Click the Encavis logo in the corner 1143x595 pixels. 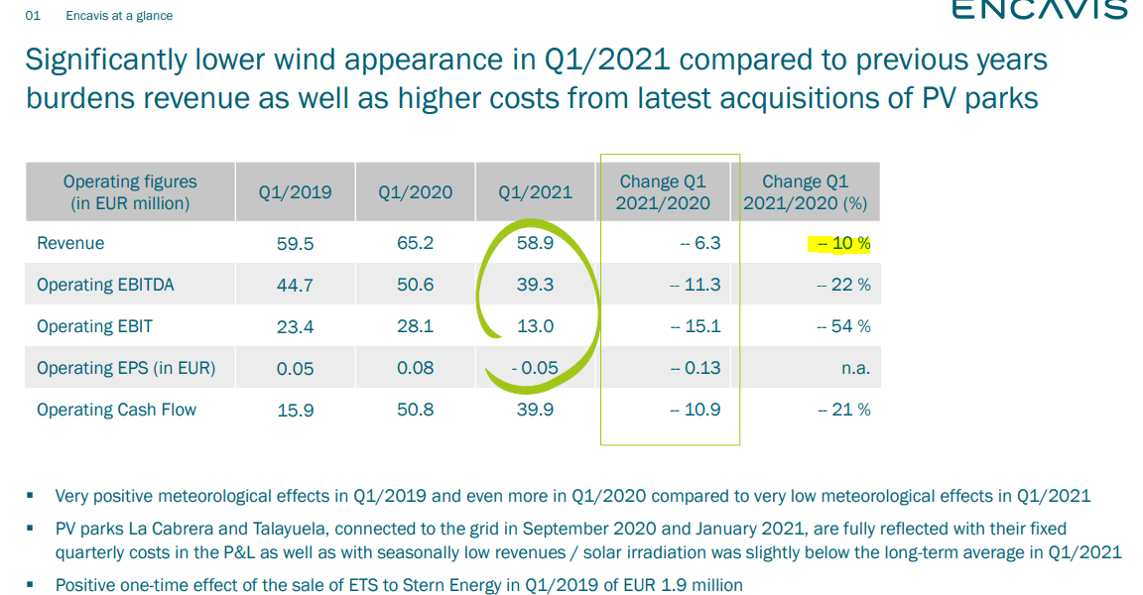click(x=1039, y=10)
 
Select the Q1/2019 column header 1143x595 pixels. click(x=295, y=192)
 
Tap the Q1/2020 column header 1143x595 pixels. click(x=415, y=192)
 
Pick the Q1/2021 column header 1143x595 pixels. click(x=535, y=192)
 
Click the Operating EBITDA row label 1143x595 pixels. click(x=105, y=285)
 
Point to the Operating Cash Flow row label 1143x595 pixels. click(x=116, y=410)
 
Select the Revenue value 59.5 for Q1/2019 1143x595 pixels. click(x=295, y=244)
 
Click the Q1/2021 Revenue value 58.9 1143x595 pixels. click(x=535, y=244)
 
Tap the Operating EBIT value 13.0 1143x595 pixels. click(x=535, y=327)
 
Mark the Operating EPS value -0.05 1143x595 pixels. click(x=535, y=369)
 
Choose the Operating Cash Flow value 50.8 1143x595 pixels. click(x=415, y=410)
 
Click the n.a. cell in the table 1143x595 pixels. click(x=855, y=369)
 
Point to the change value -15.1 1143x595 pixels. click(x=696, y=327)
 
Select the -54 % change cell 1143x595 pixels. click(x=843, y=327)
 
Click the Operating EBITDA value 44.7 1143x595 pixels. click(x=295, y=286)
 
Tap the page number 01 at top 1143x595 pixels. click(x=33, y=16)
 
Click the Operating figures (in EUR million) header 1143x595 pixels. click(x=130, y=192)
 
